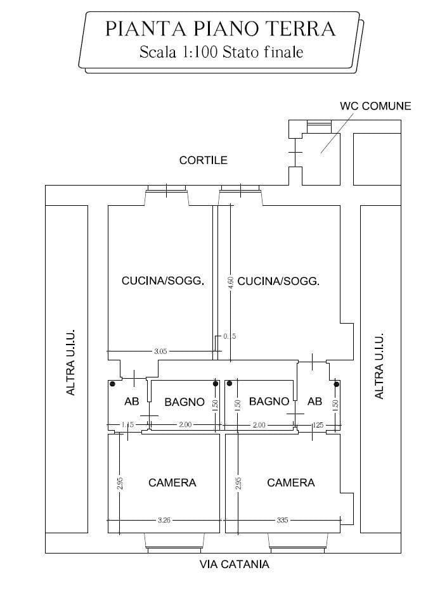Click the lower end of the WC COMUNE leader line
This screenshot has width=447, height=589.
pyautogui.click(x=321, y=153)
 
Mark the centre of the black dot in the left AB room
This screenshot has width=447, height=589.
pyautogui.click(x=112, y=384)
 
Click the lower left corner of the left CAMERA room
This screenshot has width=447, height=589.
pyautogui.click(x=108, y=533)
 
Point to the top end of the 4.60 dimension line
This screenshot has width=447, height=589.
pyautogui.click(x=230, y=205)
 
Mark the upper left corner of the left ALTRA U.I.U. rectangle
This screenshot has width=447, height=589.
pyautogui.click(x=46, y=205)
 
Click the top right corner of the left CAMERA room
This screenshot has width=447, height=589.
pyautogui.click(x=219, y=434)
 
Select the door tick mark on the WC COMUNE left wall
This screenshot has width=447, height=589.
pyautogui.click(x=295, y=152)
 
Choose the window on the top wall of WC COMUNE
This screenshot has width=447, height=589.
pyautogui.click(x=319, y=127)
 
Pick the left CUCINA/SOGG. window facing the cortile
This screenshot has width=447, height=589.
pyautogui.click(x=167, y=191)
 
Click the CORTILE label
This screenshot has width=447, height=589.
pyautogui.click(x=204, y=160)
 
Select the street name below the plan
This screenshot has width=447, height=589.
pyautogui.click(x=234, y=564)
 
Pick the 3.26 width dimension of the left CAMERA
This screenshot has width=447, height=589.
pyautogui.click(x=164, y=520)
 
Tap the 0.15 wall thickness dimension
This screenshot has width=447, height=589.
pyautogui.click(x=230, y=336)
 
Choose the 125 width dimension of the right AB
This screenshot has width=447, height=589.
pyautogui.click(x=318, y=425)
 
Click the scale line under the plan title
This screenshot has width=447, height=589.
pyautogui.click(x=221, y=52)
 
